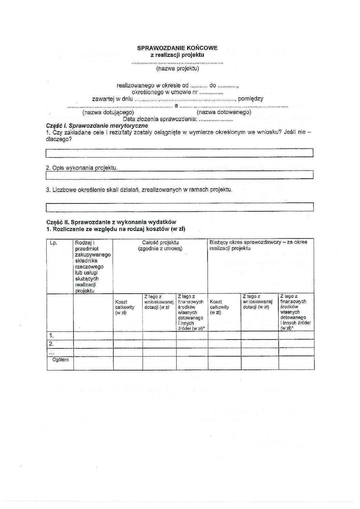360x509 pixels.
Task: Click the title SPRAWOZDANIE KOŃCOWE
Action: pyautogui.click(x=177, y=48)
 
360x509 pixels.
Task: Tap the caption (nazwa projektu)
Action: pyautogui.click(x=177, y=68)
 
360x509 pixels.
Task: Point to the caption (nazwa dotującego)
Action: pyautogui.click(x=108, y=112)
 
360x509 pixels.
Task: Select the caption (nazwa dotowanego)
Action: pyautogui.click(x=224, y=112)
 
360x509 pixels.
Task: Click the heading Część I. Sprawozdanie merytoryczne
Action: pyautogui.click(x=97, y=126)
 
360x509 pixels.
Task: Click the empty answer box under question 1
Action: pyautogui.click(x=179, y=153)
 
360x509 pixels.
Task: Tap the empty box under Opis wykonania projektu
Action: pyautogui.click(x=179, y=175)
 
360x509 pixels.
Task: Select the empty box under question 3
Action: pyautogui.click(x=179, y=207)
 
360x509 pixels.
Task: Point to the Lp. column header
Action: pyautogui.click(x=53, y=243)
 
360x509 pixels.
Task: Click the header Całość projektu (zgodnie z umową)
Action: pyautogui.click(x=160, y=245)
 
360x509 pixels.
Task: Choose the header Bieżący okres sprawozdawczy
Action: pyautogui.click(x=258, y=245)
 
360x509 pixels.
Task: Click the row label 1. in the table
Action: pyautogui.click(x=51, y=336)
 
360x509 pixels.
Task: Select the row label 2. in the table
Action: pyautogui.click(x=51, y=344)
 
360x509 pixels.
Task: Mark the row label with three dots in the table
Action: pyautogui.click(x=52, y=352)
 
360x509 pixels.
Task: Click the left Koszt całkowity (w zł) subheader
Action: pyautogui.click(x=125, y=307)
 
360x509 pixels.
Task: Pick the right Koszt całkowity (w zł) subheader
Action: pyautogui.click(x=219, y=307)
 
